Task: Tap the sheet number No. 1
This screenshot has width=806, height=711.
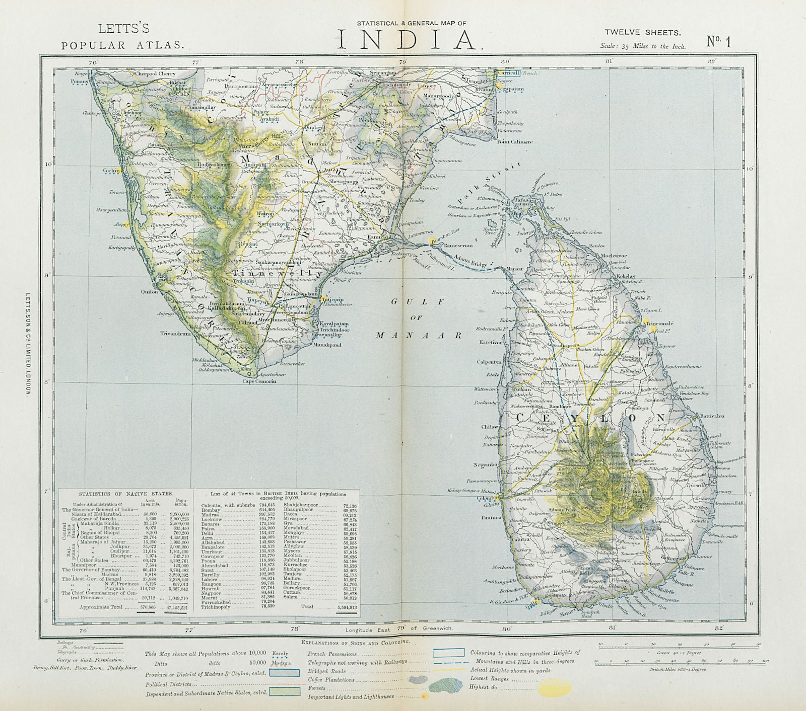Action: click(x=718, y=41)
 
